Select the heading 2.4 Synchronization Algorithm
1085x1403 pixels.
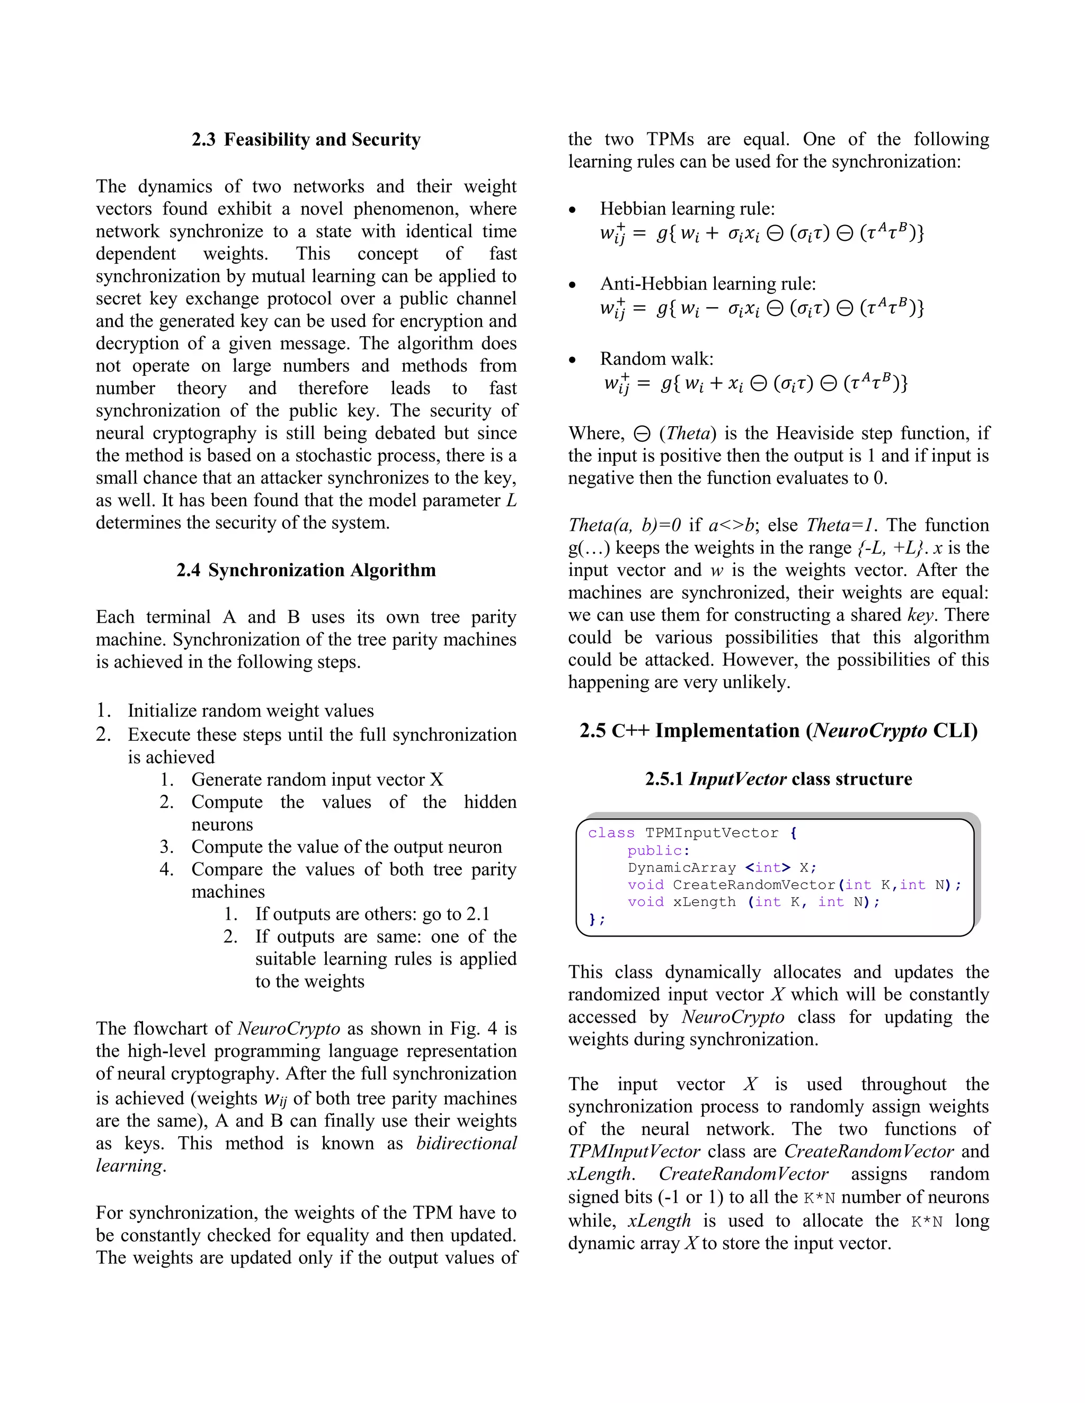[x=306, y=570]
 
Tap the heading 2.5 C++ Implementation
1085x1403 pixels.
[x=778, y=731]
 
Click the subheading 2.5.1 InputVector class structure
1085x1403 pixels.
[x=778, y=779]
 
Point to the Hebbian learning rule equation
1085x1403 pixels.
[x=762, y=232]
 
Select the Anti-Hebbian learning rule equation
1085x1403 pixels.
[x=762, y=308]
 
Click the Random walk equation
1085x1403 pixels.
[x=755, y=383]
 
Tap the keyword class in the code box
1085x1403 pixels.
[x=611, y=833]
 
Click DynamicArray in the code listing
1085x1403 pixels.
[x=681, y=868]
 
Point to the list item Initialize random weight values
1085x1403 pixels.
[x=251, y=711]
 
